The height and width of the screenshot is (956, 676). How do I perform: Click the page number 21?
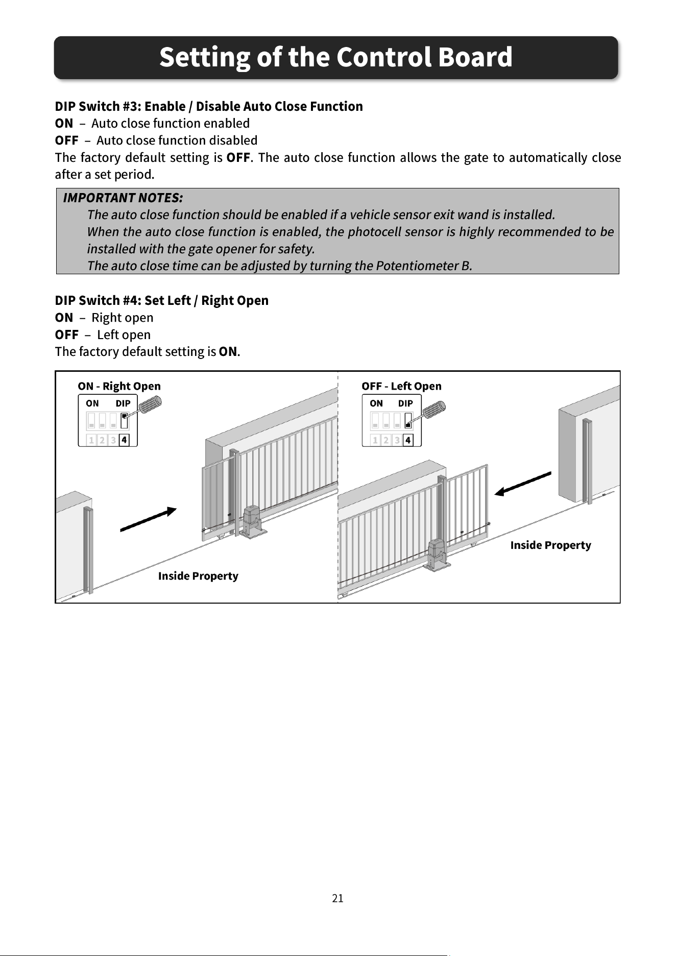tap(337, 898)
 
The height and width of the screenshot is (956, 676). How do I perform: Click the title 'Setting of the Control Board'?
tap(335, 57)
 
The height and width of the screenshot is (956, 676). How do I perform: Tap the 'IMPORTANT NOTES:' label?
tap(123, 198)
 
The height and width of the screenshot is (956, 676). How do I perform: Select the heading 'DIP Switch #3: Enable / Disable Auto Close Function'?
tap(209, 106)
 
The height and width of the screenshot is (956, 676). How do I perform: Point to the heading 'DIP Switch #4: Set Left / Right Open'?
tap(161, 300)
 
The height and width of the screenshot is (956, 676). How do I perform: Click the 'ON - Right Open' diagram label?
tap(119, 386)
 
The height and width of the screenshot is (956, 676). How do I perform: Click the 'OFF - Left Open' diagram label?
tap(401, 386)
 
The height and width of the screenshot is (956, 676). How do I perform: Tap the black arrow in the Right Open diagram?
tap(149, 519)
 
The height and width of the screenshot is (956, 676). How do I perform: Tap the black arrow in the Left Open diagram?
tap(523, 484)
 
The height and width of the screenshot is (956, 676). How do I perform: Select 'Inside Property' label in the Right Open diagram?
tap(198, 576)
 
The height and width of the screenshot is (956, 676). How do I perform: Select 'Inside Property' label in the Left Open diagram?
tap(550, 545)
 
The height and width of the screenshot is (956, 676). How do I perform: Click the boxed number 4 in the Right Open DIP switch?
tap(124, 440)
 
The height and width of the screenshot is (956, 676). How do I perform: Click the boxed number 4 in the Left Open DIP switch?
tap(407, 440)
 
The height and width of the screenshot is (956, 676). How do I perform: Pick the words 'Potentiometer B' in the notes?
tap(423, 266)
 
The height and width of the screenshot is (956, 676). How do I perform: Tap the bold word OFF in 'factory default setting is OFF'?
tap(238, 157)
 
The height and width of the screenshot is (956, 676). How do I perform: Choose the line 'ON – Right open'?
tap(104, 318)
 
